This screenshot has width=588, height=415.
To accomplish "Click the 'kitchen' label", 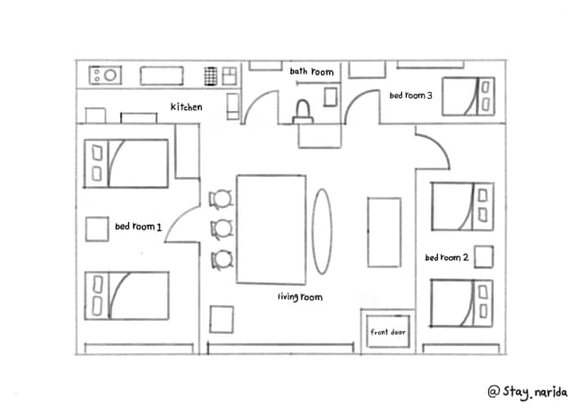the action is (x=186, y=107).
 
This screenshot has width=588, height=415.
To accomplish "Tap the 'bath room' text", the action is (x=312, y=71).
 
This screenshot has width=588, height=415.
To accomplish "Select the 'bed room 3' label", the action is (x=411, y=95).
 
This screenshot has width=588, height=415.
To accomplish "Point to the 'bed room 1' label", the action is (x=138, y=227).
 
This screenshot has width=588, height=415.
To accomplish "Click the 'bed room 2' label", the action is (x=447, y=258).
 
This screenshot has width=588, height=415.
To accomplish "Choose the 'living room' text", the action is (x=300, y=297).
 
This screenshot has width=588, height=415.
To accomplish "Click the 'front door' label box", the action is (x=388, y=332).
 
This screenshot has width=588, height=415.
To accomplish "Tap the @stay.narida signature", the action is (x=528, y=392).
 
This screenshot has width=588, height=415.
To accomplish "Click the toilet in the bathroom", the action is (x=303, y=112).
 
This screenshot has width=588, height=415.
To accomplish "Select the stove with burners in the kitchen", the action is (x=105, y=75).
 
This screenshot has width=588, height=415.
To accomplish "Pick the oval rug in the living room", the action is (x=322, y=231).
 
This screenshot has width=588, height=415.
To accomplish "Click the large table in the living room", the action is (x=271, y=229).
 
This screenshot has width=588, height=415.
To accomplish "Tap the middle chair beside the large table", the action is (x=221, y=228).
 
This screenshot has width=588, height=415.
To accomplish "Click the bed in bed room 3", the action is (x=469, y=96).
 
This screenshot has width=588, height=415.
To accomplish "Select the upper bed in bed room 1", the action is (x=126, y=163).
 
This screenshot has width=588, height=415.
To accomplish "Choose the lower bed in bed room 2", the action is (x=461, y=303).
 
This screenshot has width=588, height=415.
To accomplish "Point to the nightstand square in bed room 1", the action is (x=97, y=229).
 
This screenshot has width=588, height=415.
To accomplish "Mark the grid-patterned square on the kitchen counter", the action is (x=211, y=77).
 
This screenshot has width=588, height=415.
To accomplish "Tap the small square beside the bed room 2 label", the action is (x=483, y=257).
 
